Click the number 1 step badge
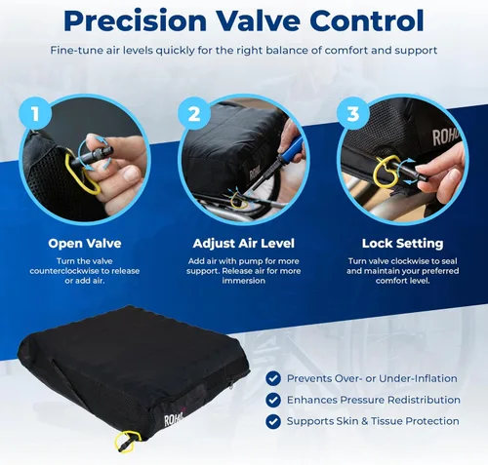[x=35, y=113]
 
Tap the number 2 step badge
[x=194, y=113]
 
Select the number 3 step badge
[x=353, y=113]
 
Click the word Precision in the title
[x=135, y=20]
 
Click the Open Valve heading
[x=85, y=243]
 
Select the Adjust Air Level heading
[x=243, y=243]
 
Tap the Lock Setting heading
[x=402, y=243]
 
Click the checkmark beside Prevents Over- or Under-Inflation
[x=273, y=378]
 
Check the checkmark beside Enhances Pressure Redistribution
[x=273, y=400]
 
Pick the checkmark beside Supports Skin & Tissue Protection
[x=273, y=421]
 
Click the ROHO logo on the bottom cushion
[x=174, y=419]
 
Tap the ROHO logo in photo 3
[x=445, y=136]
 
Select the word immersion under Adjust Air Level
[x=243, y=281]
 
